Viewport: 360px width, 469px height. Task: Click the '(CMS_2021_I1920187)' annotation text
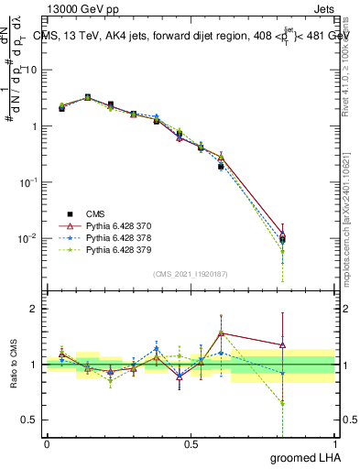pos(191,273)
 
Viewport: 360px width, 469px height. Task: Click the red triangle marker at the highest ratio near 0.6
pos(221,333)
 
